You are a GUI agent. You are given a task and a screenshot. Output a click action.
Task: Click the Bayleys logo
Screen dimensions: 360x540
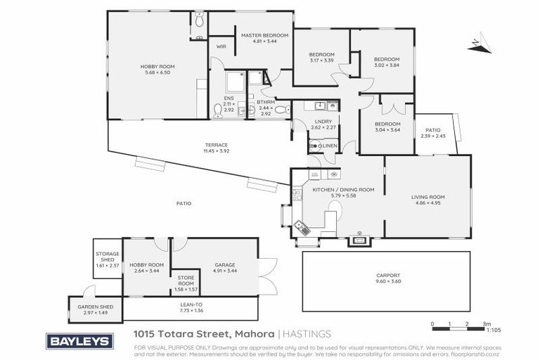click(x=79, y=341)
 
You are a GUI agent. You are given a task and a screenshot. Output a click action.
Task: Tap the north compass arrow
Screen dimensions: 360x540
click(x=476, y=43)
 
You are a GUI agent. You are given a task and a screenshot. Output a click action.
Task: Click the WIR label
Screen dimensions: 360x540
click(x=220, y=46)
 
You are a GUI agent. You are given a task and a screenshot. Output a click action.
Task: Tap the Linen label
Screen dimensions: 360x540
click(x=329, y=146)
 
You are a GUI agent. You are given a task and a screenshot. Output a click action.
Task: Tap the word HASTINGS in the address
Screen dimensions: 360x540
click(x=307, y=333)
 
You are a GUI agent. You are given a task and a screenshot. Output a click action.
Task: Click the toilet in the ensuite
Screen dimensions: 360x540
click(x=217, y=110)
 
